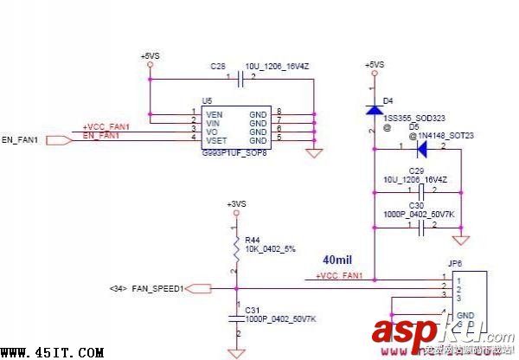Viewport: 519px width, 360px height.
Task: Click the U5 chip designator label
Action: click(x=207, y=101)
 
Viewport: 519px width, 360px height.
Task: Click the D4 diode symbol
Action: click(x=374, y=110)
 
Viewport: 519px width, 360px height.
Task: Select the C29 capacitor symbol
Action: click(x=420, y=190)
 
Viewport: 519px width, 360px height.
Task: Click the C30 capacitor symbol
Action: click(x=420, y=228)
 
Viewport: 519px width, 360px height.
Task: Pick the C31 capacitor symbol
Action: click(x=236, y=318)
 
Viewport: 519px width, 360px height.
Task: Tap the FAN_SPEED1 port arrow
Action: click(x=199, y=288)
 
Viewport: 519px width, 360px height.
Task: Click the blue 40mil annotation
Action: click(x=337, y=260)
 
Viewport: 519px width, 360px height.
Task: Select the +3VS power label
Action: click(x=236, y=204)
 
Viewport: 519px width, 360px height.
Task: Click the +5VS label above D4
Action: click(x=375, y=65)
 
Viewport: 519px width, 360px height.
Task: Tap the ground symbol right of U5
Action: click(x=315, y=153)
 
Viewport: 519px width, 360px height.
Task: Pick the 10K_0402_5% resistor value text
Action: click(x=271, y=248)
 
